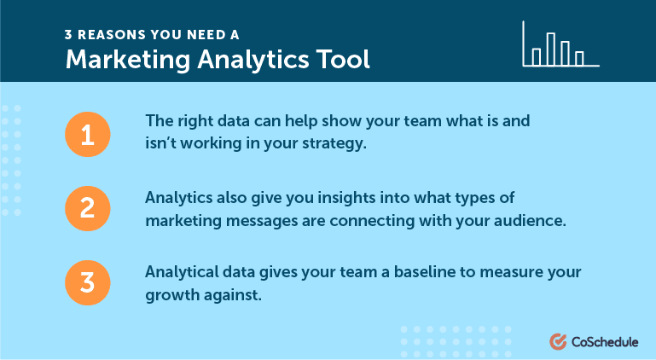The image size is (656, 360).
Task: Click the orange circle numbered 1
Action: point(88,135)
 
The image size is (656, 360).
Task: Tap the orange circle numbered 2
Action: point(88,208)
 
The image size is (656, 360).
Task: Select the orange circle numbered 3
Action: point(88,282)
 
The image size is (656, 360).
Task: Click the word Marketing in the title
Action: point(128,60)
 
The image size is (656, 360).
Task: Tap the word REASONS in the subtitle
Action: point(111,35)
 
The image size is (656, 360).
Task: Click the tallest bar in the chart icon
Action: point(551,49)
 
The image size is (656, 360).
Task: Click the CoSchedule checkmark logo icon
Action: point(558,341)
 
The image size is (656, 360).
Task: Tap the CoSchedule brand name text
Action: point(605,342)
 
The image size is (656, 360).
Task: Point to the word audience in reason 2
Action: point(530,221)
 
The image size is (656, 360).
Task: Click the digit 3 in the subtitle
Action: point(68,35)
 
